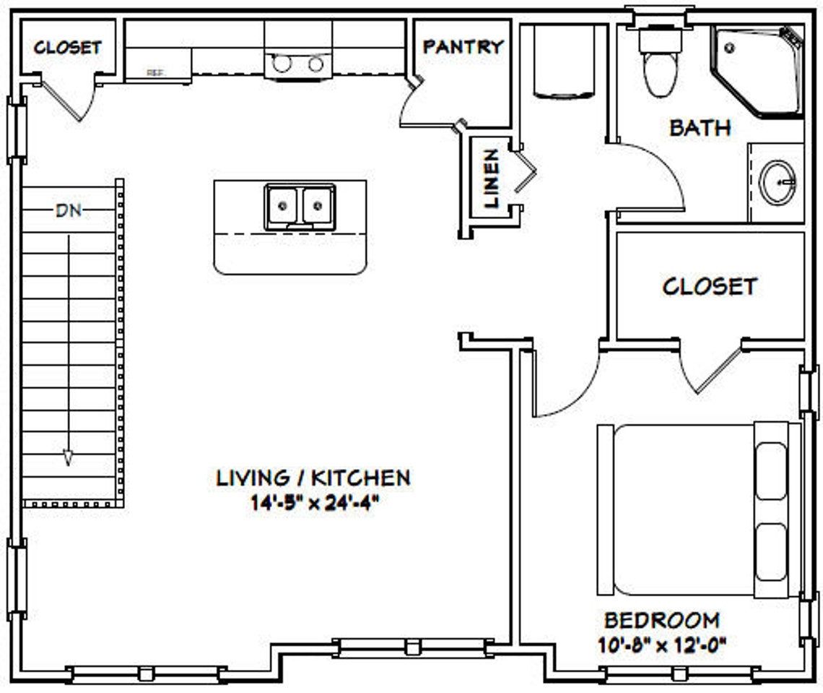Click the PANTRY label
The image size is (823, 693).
pyautogui.click(x=463, y=47)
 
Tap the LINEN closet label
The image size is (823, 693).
pyautogui.click(x=492, y=178)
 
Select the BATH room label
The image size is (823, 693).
pyautogui.click(x=700, y=128)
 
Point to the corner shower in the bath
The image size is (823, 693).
pyautogui.click(x=758, y=70)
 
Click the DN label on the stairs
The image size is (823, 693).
pyautogui.click(x=69, y=211)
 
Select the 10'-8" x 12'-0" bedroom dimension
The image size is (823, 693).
pyautogui.click(x=661, y=642)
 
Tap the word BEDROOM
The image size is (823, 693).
pyautogui.click(x=661, y=621)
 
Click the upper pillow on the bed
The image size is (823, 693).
pyautogui.click(x=770, y=470)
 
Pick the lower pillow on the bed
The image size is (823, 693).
pyautogui.click(x=770, y=552)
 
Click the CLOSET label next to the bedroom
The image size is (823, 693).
pyautogui.click(x=709, y=286)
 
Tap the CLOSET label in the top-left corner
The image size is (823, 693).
pyautogui.click(x=67, y=48)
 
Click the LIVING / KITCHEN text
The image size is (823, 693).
pyautogui.click(x=313, y=478)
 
